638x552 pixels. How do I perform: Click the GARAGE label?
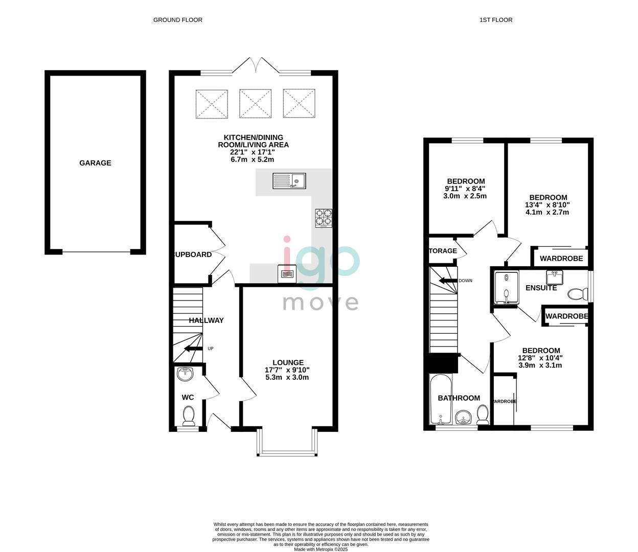pos(95,163)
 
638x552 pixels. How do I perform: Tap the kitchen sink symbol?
pos(289,180)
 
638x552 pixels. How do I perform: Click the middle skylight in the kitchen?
pos(256,104)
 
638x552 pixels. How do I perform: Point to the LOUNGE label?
pos(288,362)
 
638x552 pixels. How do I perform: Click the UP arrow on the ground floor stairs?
pos(193,349)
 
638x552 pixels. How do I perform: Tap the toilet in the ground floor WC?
pos(189,415)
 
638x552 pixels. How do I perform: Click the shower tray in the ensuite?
pos(506,287)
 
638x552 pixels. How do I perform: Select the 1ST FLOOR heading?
pos(495,20)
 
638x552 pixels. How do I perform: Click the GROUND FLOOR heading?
pos(177,20)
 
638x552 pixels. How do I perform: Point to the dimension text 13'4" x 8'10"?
pos(548,205)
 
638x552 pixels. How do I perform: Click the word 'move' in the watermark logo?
pos(321,303)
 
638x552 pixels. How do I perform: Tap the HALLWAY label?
pos(206,320)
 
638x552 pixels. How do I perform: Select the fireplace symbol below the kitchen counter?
pos(287,274)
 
